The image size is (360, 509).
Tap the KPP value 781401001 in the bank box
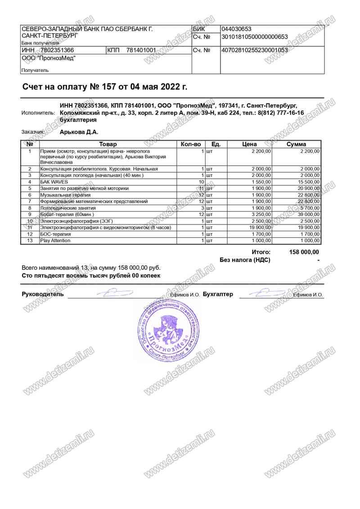pos(141,50)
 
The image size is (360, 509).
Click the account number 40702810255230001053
pos(254,50)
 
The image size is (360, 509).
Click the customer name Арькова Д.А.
pos(79,132)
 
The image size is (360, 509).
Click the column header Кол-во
pos(190,144)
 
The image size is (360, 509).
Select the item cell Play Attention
pos(55,241)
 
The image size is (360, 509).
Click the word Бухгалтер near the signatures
pos(218,294)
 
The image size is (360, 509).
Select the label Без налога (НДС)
pos(245,260)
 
